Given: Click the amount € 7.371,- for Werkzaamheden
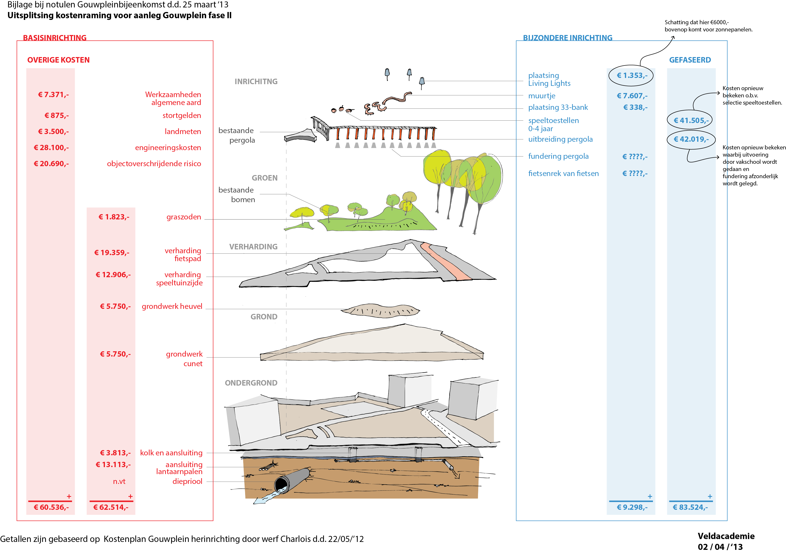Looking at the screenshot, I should click(53, 95).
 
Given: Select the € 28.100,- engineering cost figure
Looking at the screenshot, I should click(51, 148).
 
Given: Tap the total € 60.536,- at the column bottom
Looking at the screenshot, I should click(51, 507).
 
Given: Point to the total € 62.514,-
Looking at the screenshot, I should click(111, 507).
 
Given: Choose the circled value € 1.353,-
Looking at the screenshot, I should click(632, 76).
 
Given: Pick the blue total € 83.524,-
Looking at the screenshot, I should click(690, 507).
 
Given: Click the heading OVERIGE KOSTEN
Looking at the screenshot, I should click(59, 60).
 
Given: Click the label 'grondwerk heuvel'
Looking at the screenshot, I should click(172, 306).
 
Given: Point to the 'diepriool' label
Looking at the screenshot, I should click(187, 482).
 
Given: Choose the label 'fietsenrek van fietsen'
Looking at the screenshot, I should click(563, 174).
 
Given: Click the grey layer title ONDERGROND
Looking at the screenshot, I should click(251, 383).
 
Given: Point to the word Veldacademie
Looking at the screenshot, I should click(726, 536).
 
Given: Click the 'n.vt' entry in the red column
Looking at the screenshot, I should click(119, 482).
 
